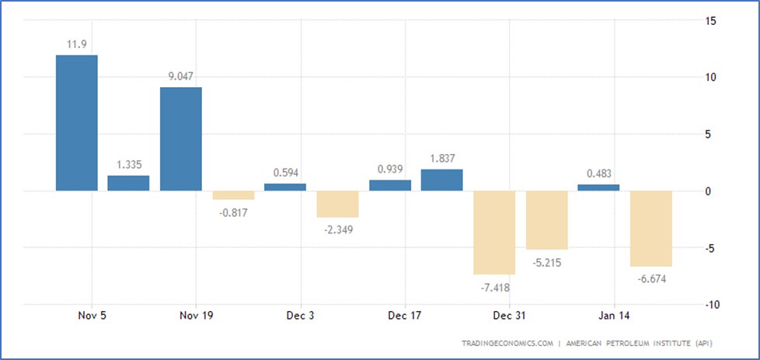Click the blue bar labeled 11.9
click(x=77, y=123)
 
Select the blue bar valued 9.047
click(x=181, y=139)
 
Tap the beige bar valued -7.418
click(x=494, y=232)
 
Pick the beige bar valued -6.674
click(x=651, y=229)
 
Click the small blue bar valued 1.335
click(x=128, y=183)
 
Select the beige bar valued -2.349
click(x=337, y=204)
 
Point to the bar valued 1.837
click(x=442, y=180)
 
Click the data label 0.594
click(x=285, y=173)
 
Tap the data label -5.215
click(x=546, y=262)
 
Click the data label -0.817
click(x=233, y=212)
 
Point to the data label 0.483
click(x=599, y=173)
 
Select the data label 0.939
click(x=389, y=169)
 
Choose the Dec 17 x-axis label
click(x=404, y=316)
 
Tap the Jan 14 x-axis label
click(x=614, y=316)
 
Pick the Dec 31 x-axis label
click(x=509, y=316)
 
